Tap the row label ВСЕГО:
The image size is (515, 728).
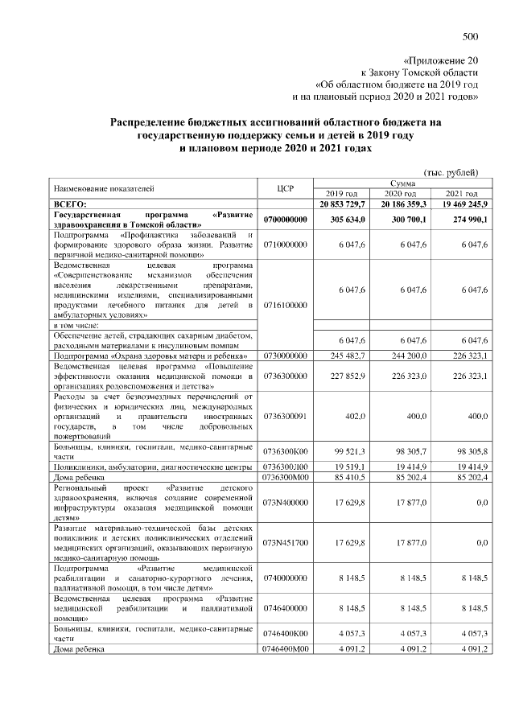coord(69,205)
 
